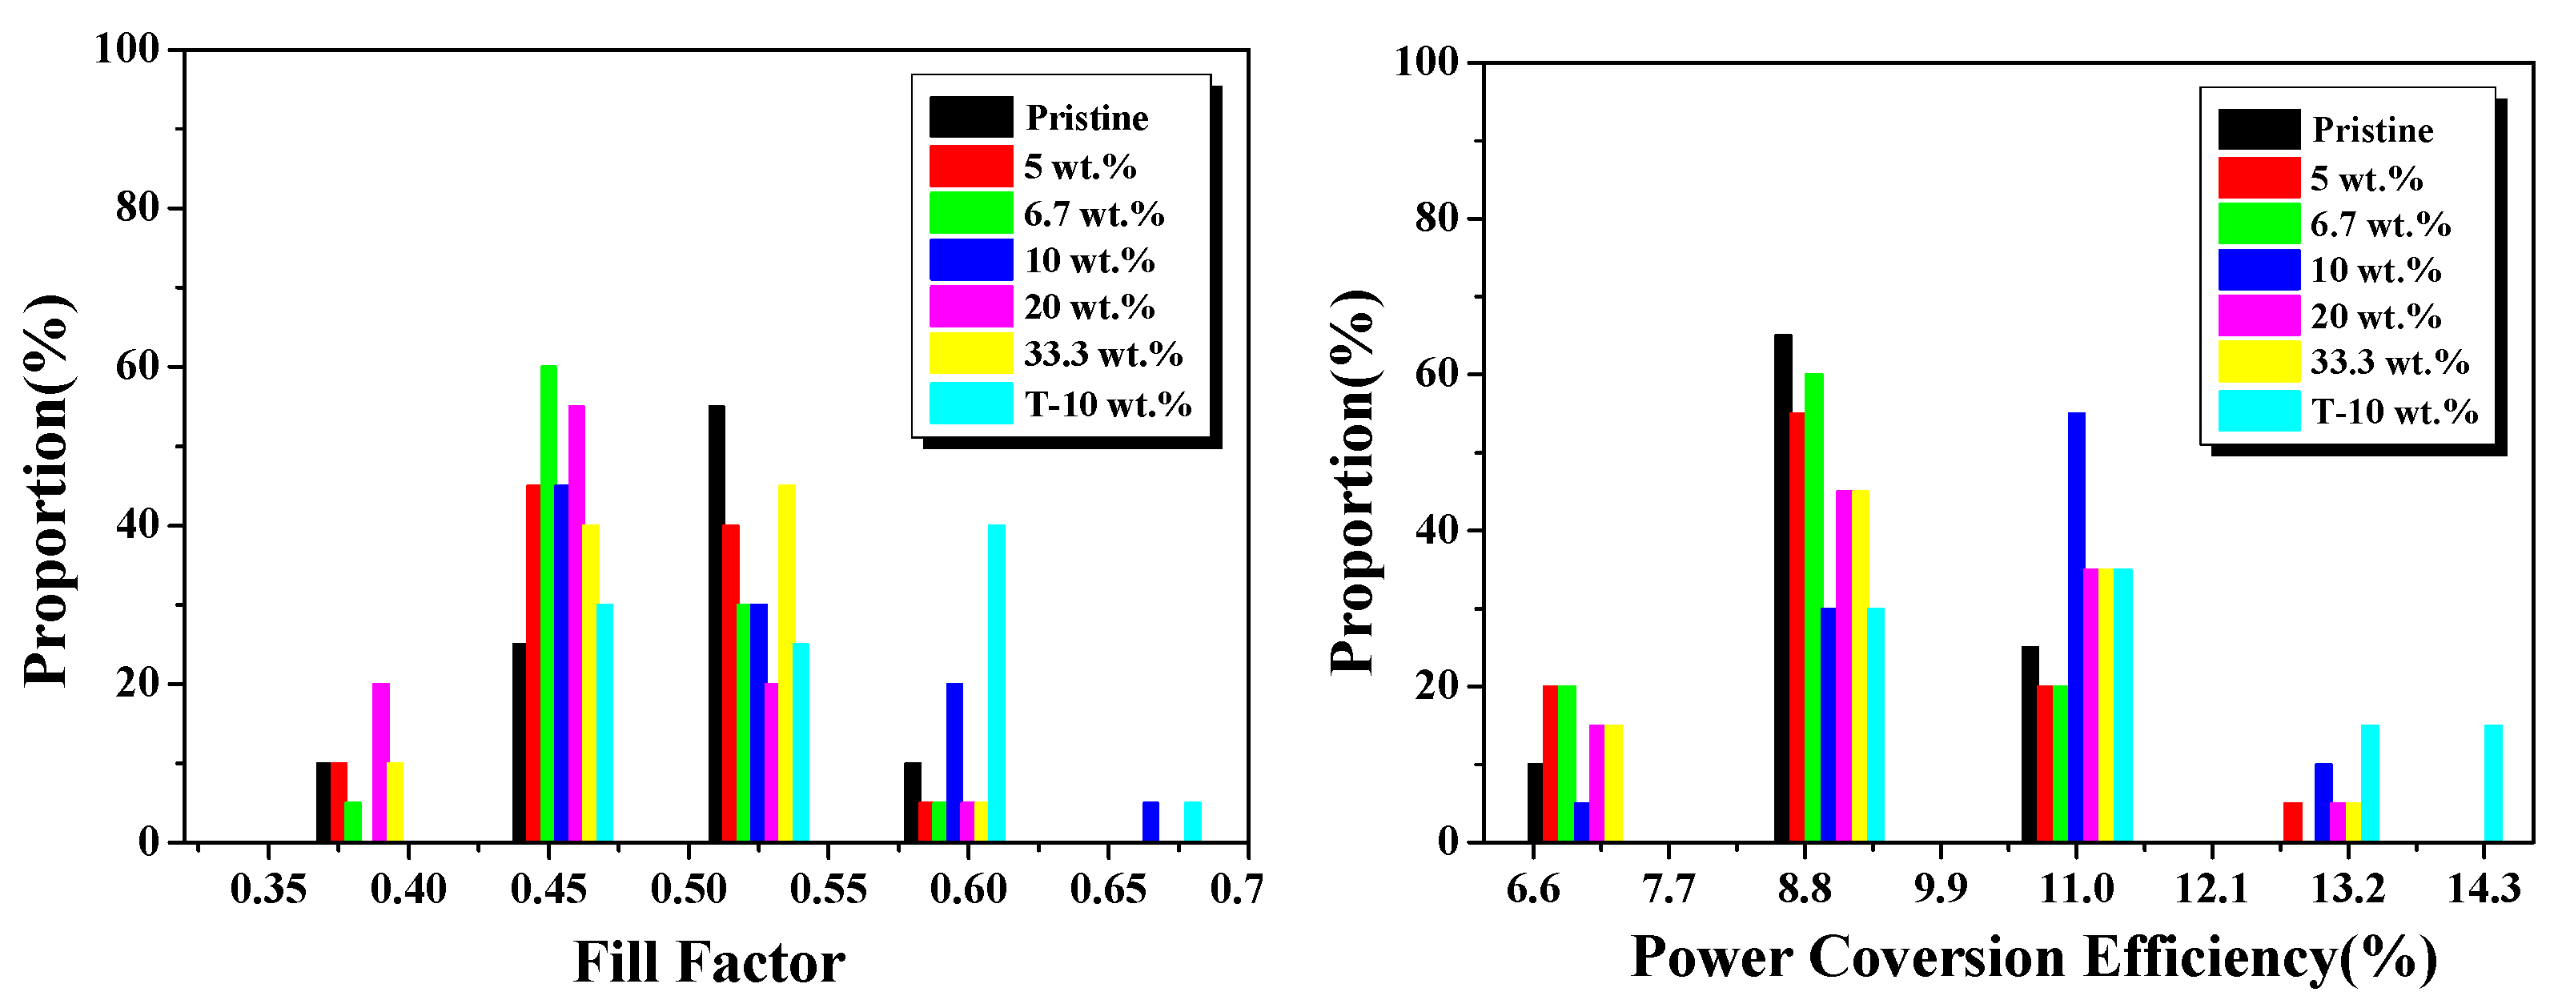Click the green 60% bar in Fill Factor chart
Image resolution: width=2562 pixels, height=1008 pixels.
548,604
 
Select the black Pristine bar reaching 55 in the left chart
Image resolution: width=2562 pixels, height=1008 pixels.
716,624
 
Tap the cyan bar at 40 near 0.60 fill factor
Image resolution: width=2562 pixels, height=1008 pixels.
997,684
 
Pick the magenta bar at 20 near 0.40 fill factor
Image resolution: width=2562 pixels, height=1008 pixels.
381,762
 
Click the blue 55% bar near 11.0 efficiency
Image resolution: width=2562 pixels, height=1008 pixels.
2077,627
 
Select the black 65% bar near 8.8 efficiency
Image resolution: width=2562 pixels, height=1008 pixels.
1783,588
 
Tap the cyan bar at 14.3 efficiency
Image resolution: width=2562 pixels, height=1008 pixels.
2493,783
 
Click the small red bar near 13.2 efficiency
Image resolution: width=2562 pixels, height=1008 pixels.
2292,822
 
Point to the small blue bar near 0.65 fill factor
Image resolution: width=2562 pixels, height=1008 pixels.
1150,822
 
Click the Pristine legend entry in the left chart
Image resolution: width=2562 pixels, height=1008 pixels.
1086,118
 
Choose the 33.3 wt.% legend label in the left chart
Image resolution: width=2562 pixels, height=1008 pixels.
1103,354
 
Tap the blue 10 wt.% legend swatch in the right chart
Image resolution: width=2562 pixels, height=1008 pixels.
2259,271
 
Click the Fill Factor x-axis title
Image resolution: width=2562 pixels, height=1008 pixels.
709,962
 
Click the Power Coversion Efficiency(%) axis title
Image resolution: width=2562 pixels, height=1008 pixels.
2034,958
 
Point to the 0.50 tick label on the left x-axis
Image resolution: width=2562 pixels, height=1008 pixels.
689,889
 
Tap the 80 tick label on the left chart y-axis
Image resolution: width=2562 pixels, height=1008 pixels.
136,208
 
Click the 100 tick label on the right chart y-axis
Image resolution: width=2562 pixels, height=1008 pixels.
1424,62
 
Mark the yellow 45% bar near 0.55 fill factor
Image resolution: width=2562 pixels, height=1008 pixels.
787,664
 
